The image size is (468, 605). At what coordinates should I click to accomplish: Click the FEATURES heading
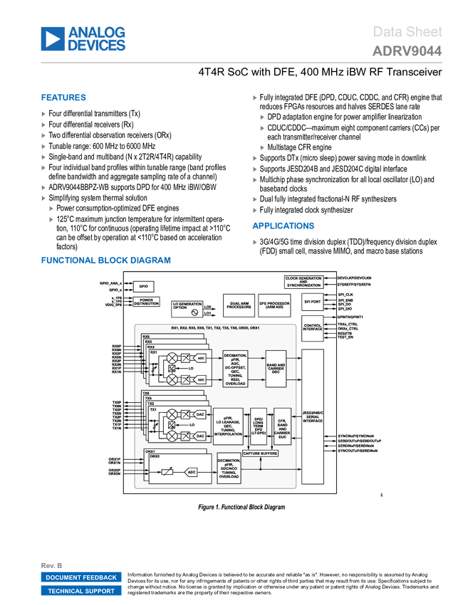pos(63,98)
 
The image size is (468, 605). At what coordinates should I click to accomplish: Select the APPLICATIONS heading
pos(283,226)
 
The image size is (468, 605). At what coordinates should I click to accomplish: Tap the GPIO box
pos(144,286)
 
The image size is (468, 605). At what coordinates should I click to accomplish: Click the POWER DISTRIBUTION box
pos(147,302)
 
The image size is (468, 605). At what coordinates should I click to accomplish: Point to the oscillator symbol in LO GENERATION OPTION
pos(194,312)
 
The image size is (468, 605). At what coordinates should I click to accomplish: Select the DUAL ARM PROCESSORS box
pos(239,305)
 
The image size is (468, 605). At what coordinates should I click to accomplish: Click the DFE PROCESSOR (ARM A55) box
pos(274,305)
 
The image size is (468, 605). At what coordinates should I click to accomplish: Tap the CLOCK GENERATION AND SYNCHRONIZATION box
pos(303,282)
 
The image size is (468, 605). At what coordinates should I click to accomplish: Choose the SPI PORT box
pos(312,302)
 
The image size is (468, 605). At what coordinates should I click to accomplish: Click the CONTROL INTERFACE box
pos(312,327)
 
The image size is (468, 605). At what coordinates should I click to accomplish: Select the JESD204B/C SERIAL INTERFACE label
pos(313,416)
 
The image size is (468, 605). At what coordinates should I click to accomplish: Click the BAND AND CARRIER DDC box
pos(276,368)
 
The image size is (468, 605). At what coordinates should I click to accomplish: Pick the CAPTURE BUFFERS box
pos(260,453)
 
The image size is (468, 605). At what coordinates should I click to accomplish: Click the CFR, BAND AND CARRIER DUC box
pos(281,426)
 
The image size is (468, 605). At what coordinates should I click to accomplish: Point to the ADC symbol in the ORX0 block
pos(192,472)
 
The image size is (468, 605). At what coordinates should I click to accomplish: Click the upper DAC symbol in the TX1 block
pos(200,414)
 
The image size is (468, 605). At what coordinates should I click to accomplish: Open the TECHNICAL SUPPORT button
pos(81,591)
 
